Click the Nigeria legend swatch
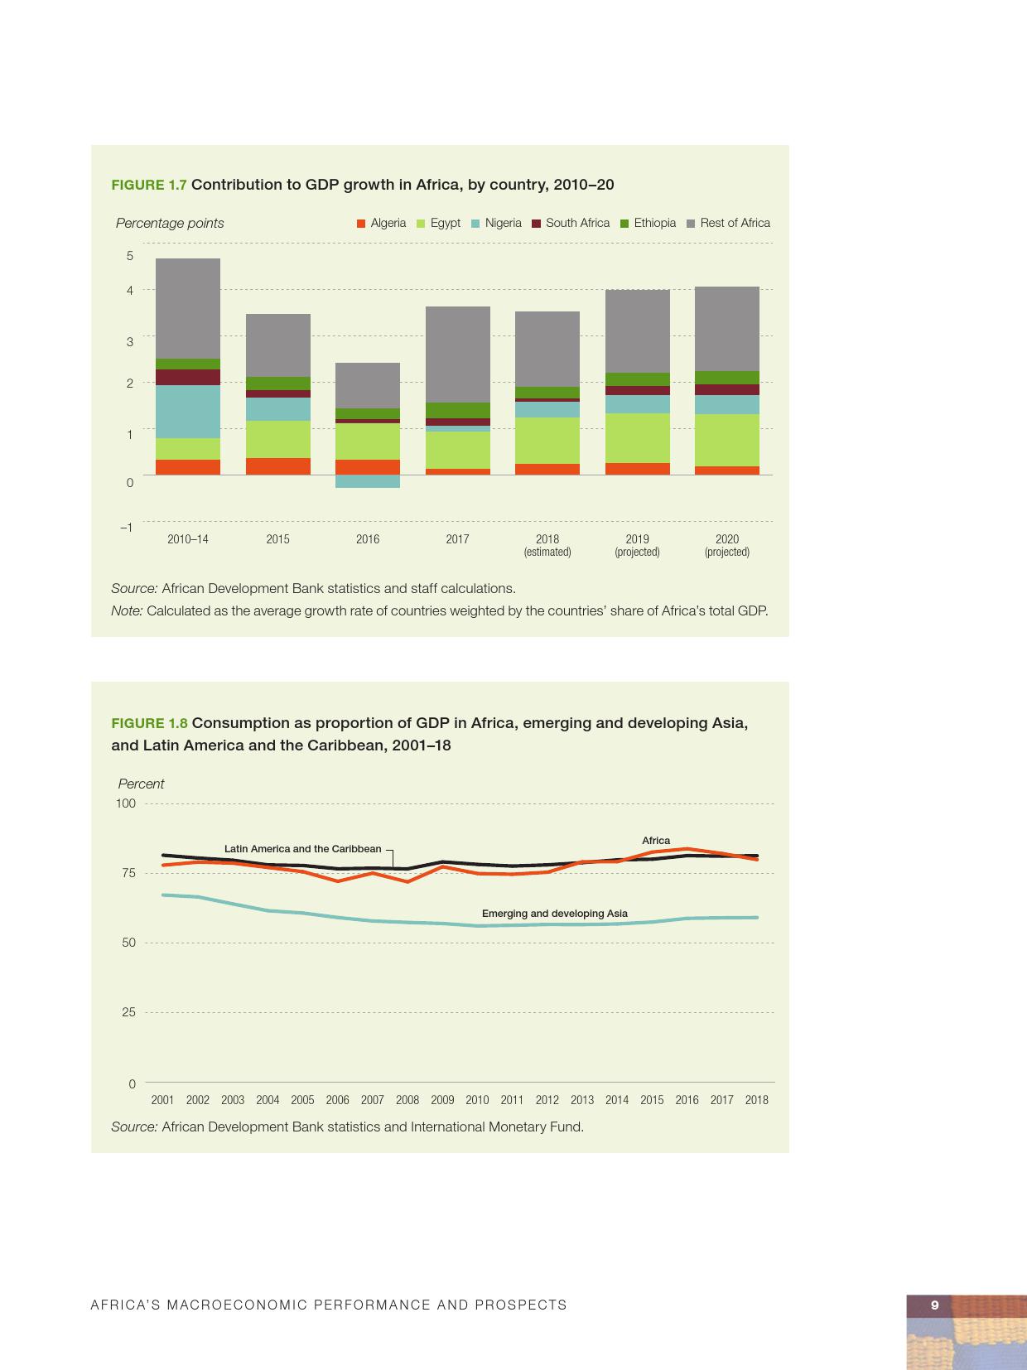[x=475, y=224]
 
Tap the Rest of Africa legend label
[x=735, y=223]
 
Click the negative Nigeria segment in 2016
[x=368, y=481]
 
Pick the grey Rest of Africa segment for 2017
[x=457, y=355]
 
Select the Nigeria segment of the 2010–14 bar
[x=188, y=412]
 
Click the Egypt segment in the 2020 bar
[x=727, y=440]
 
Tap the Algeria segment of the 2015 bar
[x=278, y=466]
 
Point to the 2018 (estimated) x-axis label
[x=547, y=545]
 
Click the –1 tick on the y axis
[x=126, y=528]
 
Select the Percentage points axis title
[x=170, y=223]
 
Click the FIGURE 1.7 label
[x=149, y=185]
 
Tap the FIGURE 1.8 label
[x=149, y=723]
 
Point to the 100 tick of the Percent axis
[x=126, y=803]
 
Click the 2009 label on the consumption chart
[x=442, y=1100]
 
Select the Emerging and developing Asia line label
[x=555, y=914]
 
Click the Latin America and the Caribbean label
[x=302, y=849]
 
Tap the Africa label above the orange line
[x=656, y=841]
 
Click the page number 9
[x=935, y=1305]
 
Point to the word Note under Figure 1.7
[x=127, y=611]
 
